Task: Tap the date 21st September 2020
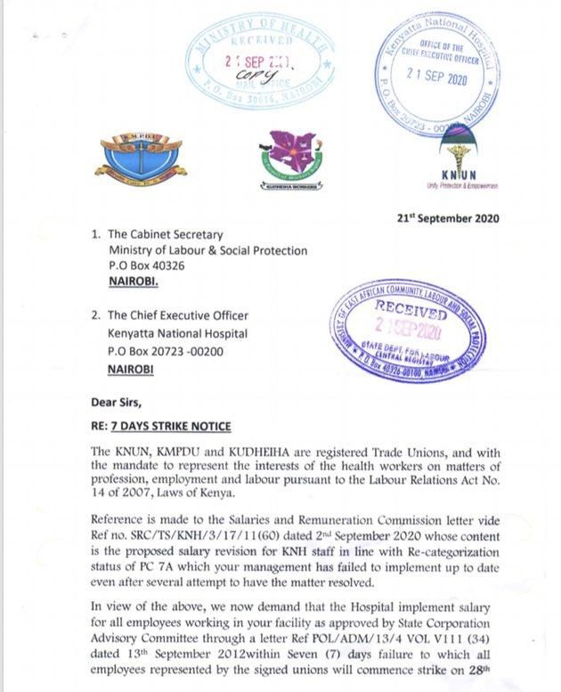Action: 448,218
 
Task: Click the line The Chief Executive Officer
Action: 177,316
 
